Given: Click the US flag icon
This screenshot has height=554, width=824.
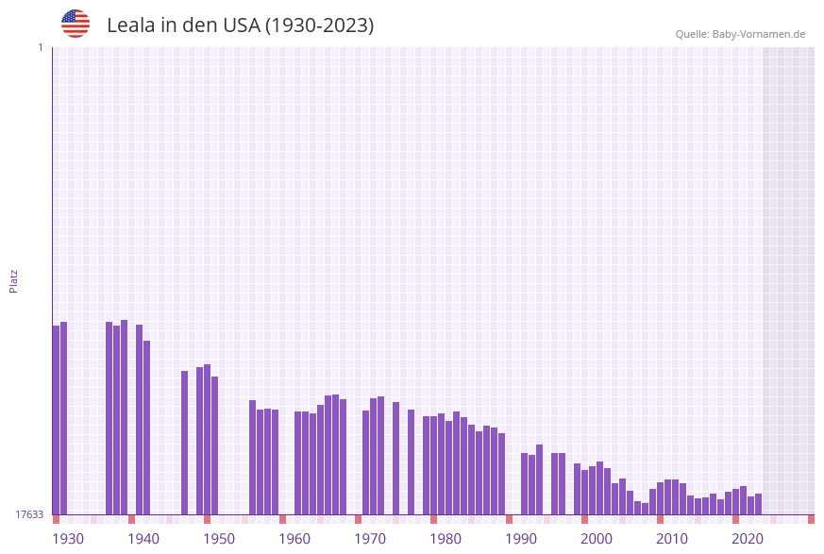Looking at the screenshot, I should tap(76, 24).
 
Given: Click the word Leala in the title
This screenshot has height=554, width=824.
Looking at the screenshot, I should tap(130, 25).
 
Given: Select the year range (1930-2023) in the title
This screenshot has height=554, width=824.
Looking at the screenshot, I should tap(320, 25).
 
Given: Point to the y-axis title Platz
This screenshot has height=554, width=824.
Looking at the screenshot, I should tap(14, 280).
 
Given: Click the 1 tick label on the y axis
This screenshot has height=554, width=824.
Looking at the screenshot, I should tap(40, 47).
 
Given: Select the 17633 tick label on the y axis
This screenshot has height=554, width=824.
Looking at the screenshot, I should tap(29, 514).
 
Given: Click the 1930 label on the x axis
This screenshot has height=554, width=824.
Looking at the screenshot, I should tap(68, 539).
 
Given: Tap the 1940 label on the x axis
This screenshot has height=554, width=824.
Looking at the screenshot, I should tap(143, 539).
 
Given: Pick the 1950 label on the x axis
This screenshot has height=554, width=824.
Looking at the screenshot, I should tap(219, 539).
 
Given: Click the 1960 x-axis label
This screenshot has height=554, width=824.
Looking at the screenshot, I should tap(294, 539).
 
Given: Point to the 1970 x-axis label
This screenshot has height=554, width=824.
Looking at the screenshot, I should tap(370, 539).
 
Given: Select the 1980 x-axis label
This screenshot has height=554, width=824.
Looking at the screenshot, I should tap(446, 539).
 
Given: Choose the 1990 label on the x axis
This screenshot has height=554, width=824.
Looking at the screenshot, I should tap(521, 539).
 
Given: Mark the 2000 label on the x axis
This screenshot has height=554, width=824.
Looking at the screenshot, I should tap(597, 539).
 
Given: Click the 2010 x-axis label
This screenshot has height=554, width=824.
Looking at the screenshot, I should tap(672, 539).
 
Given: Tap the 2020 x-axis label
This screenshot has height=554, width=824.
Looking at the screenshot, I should tap(748, 539).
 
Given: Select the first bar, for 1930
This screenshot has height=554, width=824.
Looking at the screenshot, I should tap(56, 420).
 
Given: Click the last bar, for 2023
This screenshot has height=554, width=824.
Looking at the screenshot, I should tap(758, 504).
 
